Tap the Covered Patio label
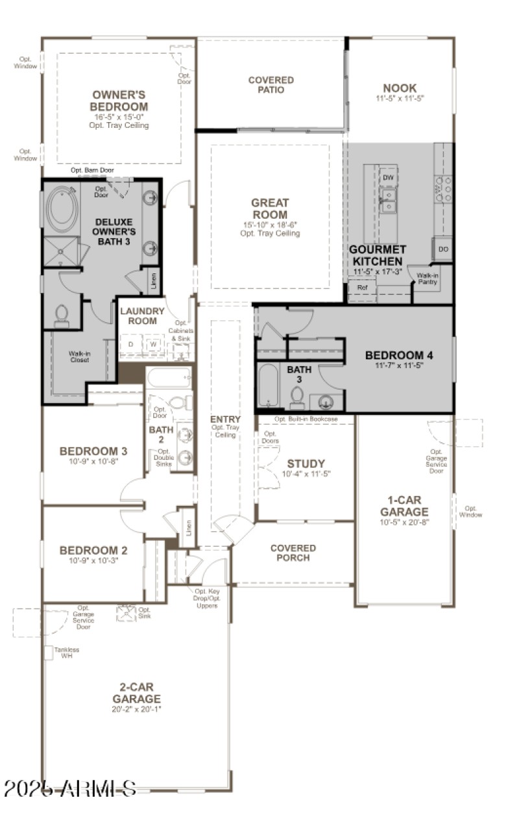271,85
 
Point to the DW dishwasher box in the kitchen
388,177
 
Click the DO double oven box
443,249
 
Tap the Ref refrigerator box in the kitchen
362,287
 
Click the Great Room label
270,208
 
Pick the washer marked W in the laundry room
154,344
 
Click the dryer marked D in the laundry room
131,344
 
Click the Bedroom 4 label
399,355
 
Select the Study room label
306,464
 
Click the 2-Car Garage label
136,693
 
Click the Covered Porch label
293,553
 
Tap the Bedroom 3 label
93,451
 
